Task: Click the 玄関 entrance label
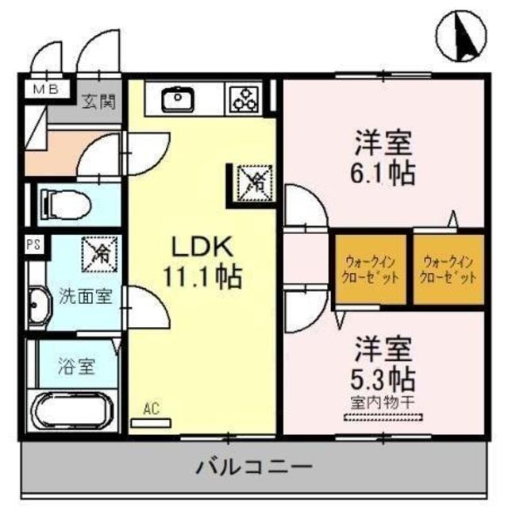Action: tap(100, 101)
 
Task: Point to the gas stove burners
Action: tap(244, 99)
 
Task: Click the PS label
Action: tap(33, 245)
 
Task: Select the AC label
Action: tap(151, 410)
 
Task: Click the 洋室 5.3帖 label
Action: tap(384, 361)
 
